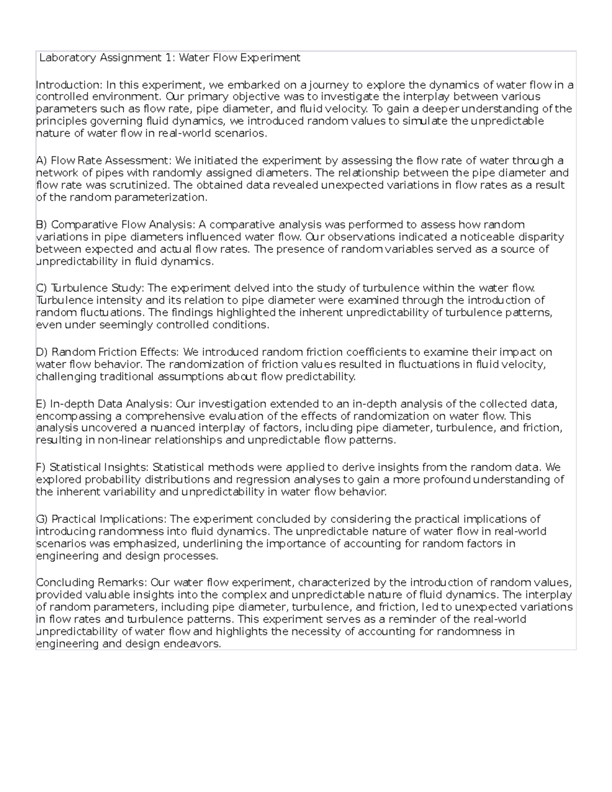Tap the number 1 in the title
point(168,58)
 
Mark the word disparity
point(541,237)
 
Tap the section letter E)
point(42,404)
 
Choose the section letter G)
point(42,520)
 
